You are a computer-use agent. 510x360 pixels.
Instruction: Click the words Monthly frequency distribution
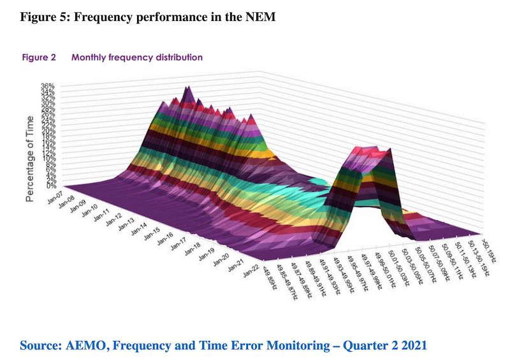(x=137, y=57)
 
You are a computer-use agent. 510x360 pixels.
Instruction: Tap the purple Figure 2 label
(x=40, y=57)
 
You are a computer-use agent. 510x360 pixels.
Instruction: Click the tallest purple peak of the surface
(x=187, y=91)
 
